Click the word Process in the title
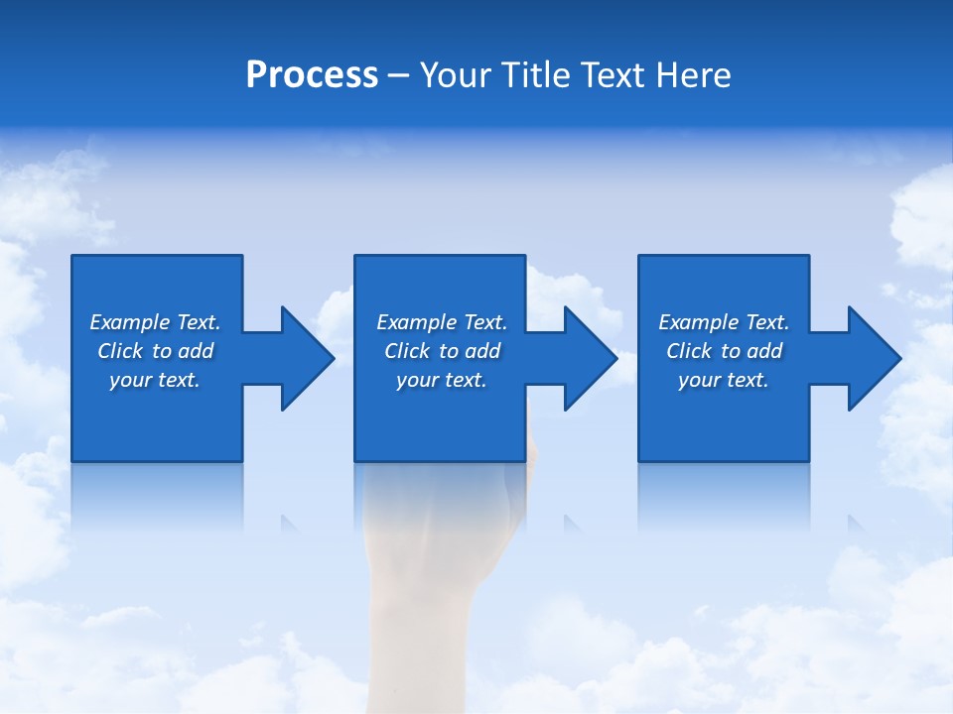[x=312, y=75]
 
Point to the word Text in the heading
[x=616, y=75]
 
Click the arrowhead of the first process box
[x=308, y=358]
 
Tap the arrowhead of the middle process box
[x=591, y=358]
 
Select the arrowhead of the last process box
[x=875, y=358]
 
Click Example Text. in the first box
[x=155, y=322]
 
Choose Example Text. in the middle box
[x=442, y=322]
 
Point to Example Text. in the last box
[x=724, y=322]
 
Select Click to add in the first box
[x=155, y=351]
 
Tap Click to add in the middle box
[x=442, y=351]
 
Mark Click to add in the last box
[x=724, y=351]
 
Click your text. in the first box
[x=155, y=380]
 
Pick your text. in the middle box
[x=442, y=380]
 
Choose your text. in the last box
[x=724, y=380]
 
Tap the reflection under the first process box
[x=157, y=491]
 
